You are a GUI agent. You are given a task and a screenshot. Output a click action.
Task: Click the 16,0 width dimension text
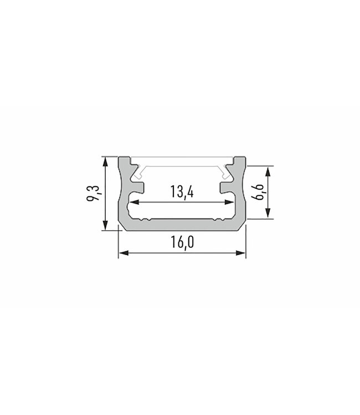click(182, 243)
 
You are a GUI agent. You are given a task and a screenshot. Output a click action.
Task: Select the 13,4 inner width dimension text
click(182, 193)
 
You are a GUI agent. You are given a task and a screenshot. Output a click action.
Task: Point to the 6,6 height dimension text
click(258, 193)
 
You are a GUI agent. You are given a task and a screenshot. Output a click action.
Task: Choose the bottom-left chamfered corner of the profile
click(121, 226)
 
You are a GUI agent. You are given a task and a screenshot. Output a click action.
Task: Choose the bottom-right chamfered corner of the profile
click(243, 226)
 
